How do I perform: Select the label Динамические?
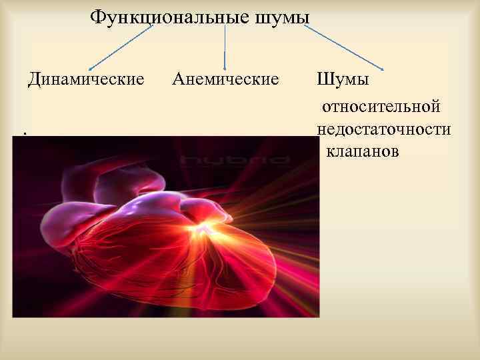(x=86, y=80)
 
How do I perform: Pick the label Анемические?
(x=225, y=80)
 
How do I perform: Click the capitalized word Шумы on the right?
(x=343, y=80)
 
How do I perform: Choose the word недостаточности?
(x=384, y=129)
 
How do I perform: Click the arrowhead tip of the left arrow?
(x=90, y=68)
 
